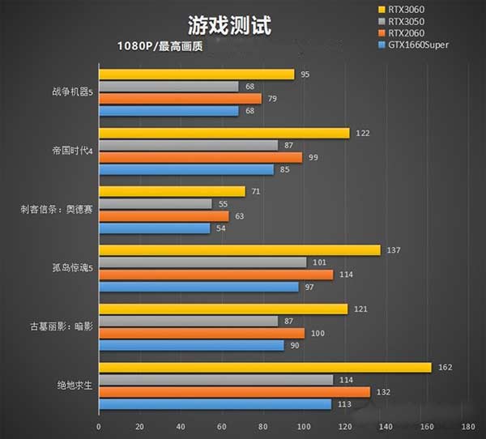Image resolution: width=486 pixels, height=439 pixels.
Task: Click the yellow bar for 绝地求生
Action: point(265,367)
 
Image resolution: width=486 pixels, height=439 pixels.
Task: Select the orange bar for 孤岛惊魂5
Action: point(215,275)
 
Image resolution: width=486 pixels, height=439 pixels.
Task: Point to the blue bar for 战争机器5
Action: point(168,111)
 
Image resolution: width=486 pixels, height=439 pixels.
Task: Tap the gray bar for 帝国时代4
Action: point(188,145)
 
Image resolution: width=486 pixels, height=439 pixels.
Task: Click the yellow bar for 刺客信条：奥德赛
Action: point(172,192)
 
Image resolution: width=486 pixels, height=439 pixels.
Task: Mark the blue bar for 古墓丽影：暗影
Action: point(191,346)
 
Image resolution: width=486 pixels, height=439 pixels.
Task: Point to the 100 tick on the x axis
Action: point(303,426)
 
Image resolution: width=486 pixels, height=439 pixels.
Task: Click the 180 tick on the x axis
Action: point(467,426)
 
